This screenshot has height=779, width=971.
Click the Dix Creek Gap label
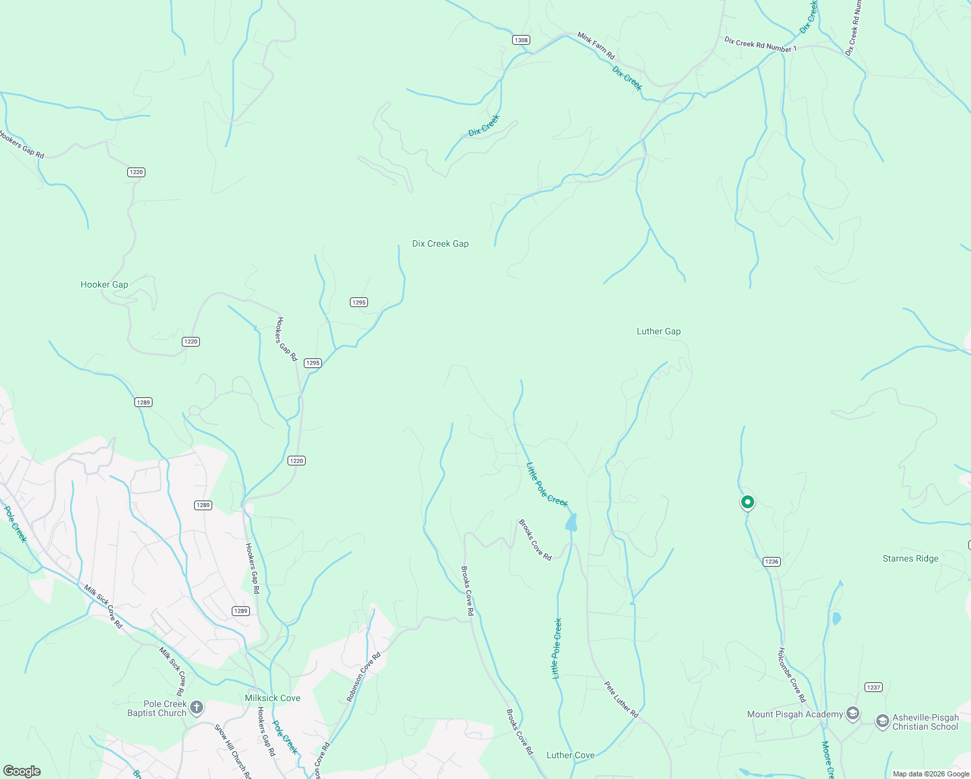click(x=440, y=244)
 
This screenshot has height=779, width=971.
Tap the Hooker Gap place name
click(x=104, y=285)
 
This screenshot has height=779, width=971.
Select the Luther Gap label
click(x=658, y=332)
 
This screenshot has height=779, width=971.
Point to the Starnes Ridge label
click(x=910, y=559)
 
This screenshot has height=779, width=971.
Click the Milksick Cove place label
click(x=272, y=699)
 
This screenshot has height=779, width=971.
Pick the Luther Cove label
click(x=570, y=756)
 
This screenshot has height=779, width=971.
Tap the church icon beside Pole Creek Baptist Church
click(x=197, y=708)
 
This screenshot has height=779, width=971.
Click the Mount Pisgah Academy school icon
click(x=853, y=714)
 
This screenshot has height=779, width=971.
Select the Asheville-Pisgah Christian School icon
click(x=882, y=722)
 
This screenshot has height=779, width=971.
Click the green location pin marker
click(x=748, y=502)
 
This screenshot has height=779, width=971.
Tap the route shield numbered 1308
click(x=521, y=40)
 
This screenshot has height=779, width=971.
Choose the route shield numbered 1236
click(x=771, y=562)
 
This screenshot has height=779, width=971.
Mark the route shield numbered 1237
click(x=873, y=687)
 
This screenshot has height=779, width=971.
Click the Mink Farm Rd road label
click(x=596, y=46)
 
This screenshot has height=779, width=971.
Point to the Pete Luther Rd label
click(x=621, y=700)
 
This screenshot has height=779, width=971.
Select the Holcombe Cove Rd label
click(x=792, y=675)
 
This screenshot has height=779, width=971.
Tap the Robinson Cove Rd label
click(x=363, y=678)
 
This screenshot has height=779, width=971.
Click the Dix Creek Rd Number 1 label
click(x=760, y=44)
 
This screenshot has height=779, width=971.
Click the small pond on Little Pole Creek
click(x=571, y=523)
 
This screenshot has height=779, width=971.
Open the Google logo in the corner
click(x=22, y=771)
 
